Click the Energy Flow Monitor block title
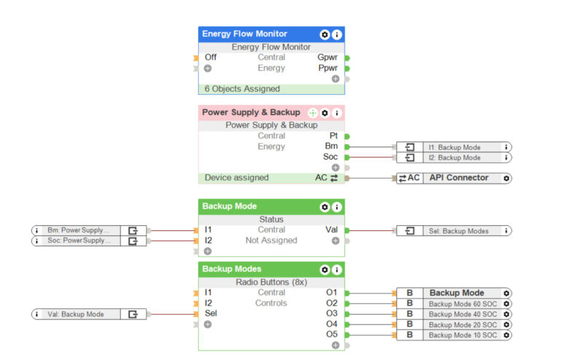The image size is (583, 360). (244, 34)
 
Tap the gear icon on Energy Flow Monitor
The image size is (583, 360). (324, 34)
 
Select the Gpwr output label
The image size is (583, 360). (327, 57)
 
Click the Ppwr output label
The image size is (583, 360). (327, 68)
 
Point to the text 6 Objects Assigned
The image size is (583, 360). (242, 89)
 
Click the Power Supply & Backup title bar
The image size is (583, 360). (251, 113)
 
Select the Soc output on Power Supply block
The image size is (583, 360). (330, 157)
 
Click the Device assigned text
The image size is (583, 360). (236, 178)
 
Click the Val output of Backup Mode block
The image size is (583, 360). (331, 230)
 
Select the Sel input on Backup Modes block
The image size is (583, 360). (211, 314)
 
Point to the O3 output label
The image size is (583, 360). (332, 313)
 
